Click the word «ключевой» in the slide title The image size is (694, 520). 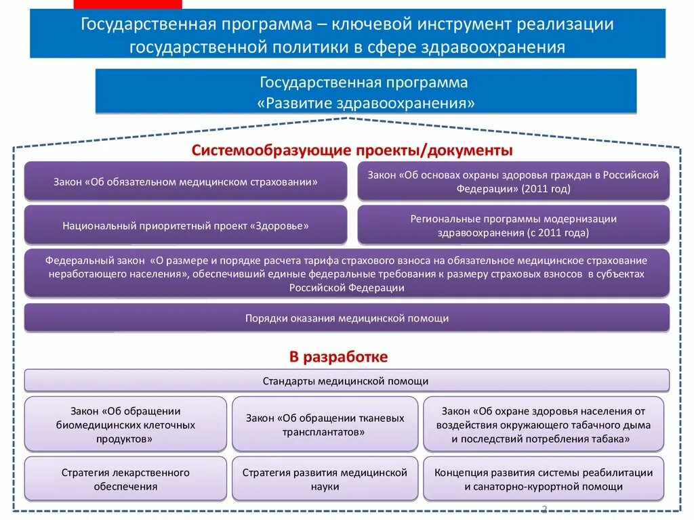[x=371, y=25]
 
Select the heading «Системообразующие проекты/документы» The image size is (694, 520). [x=352, y=150]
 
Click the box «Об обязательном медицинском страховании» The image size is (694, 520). [x=186, y=181]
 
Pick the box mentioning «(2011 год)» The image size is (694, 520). [x=513, y=181]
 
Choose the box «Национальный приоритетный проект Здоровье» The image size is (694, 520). [x=186, y=225]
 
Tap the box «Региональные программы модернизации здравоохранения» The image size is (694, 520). [x=513, y=225]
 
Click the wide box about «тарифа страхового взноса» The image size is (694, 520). [x=346, y=274]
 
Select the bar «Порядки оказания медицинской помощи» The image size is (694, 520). [x=346, y=318]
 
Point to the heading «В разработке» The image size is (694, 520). [x=339, y=356]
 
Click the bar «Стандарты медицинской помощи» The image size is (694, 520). [x=346, y=381]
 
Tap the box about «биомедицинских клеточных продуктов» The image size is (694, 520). [x=125, y=425]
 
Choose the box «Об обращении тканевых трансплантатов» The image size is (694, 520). [x=325, y=425]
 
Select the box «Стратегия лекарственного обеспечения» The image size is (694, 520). [x=125, y=479]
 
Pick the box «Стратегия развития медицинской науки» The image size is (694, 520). [x=325, y=479]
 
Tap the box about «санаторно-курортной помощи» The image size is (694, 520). [x=544, y=479]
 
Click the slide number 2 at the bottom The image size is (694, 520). [x=544, y=509]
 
